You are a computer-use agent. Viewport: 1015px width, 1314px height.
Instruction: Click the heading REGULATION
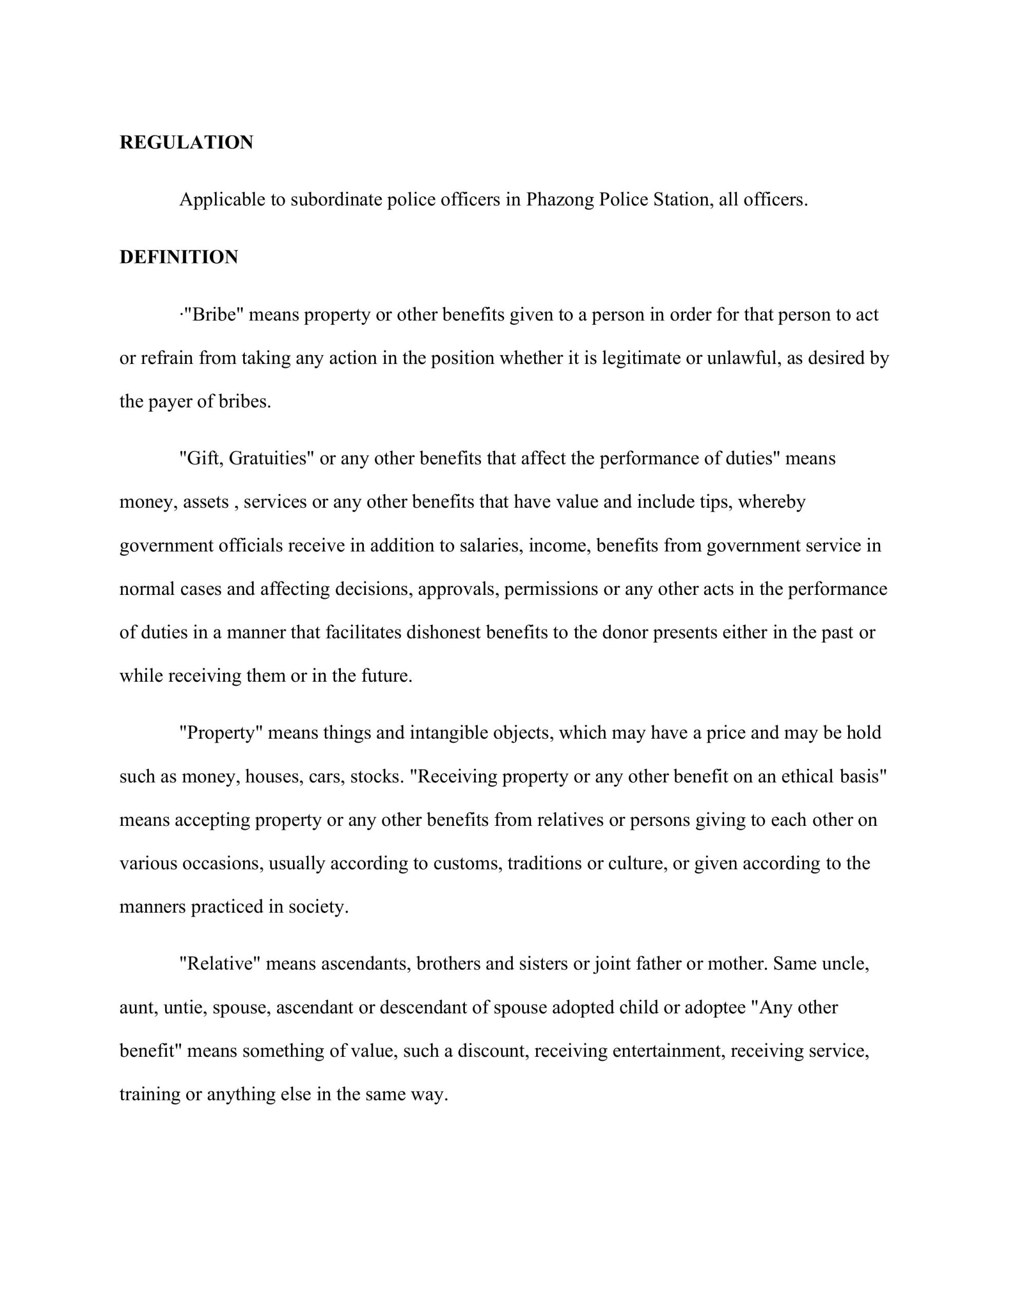point(186,143)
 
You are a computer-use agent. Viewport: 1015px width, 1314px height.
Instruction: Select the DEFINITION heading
point(179,258)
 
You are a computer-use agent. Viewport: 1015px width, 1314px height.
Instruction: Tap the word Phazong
point(559,200)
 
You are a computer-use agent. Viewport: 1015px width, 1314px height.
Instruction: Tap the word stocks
point(377,777)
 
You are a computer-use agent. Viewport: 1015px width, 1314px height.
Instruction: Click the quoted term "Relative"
point(220,964)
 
